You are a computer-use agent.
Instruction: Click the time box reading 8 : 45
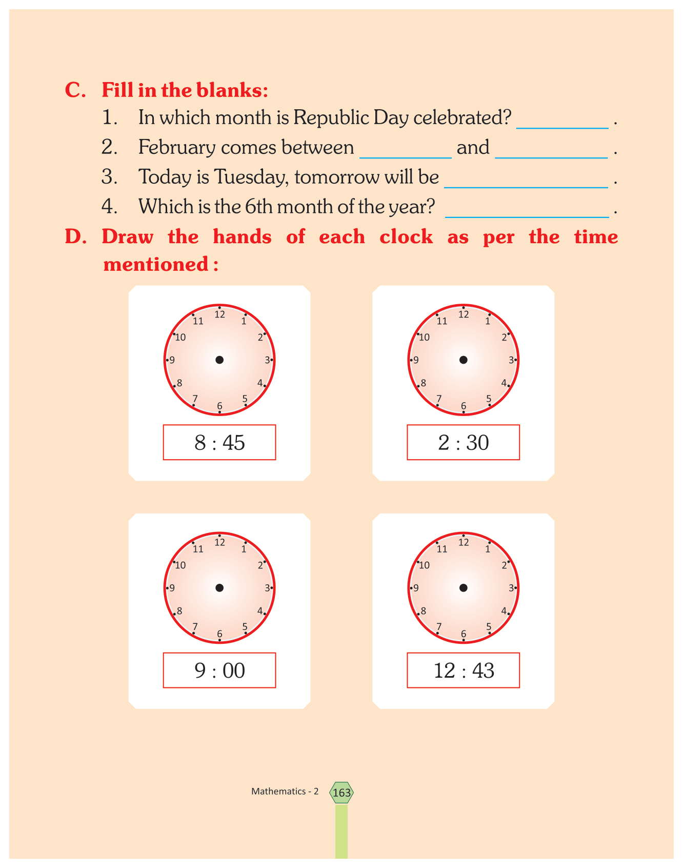[219, 442]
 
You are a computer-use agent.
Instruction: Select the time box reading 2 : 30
[463, 442]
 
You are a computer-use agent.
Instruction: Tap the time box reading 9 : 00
[219, 670]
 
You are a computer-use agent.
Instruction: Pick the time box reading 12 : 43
[463, 670]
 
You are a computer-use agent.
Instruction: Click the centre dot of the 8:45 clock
[219, 360]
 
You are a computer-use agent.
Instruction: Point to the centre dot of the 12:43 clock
[463, 588]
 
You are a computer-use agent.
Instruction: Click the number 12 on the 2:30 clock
[464, 314]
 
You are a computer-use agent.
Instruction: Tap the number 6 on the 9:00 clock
[219, 634]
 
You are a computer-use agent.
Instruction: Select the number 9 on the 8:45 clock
[172, 360]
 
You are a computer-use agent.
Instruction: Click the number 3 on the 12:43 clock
[511, 588]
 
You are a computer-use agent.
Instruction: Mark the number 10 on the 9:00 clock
[180, 565]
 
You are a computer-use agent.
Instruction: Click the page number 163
[341, 793]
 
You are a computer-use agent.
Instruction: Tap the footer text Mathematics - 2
[285, 792]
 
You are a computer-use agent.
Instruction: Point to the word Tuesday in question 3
[251, 177]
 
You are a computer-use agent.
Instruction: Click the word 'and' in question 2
[473, 148]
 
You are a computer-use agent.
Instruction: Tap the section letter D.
[75, 237]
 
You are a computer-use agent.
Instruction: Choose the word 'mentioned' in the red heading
[155, 265]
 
